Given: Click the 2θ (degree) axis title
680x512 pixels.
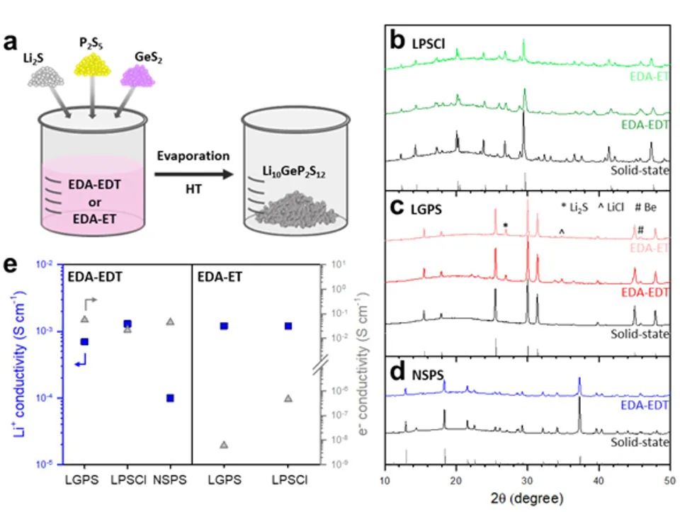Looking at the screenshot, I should coord(527,499).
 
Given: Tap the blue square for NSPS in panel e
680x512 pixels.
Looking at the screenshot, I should coord(170,398).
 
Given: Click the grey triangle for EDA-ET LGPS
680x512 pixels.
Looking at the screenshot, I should coord(225,445).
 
